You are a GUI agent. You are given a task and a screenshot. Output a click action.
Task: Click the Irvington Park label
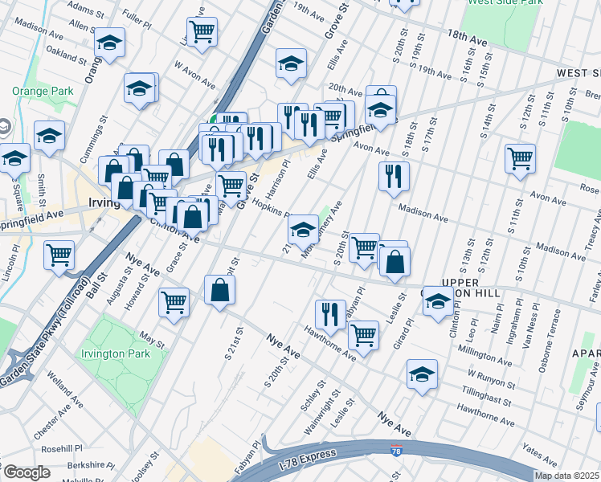(x=116, y=353)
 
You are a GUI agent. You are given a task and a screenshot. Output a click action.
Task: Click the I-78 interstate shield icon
(x=396, y=453)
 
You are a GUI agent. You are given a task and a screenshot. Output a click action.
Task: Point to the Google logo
(x=27, y=472)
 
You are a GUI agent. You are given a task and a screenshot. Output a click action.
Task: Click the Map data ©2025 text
(x=567, y=476)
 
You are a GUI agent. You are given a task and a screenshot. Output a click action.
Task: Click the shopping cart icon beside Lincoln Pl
(x=59, y=256)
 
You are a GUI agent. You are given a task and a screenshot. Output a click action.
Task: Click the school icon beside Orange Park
(x=49, y=137)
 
